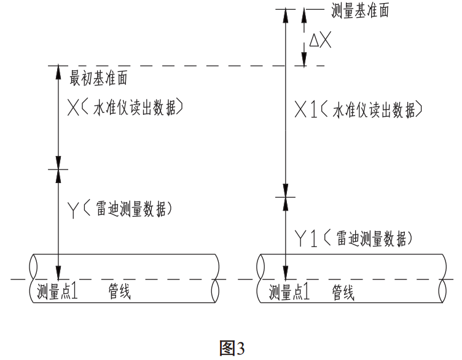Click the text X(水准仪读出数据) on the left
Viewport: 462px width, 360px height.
point(126,109)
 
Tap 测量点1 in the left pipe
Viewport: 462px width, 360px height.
point(57,291)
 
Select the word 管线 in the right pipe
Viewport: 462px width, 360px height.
point(343,291)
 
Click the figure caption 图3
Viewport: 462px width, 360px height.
point(232,348)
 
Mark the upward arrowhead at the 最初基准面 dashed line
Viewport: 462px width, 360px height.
point(59,73)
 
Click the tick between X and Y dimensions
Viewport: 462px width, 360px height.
point(59,169)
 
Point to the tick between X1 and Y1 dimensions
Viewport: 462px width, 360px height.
point(284,197)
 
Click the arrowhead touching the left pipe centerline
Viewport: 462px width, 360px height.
point(59,271)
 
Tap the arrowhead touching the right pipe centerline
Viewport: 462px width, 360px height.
point(284,271)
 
